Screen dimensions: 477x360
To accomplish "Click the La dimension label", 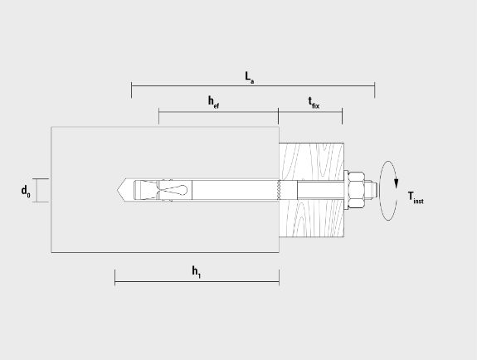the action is click(x=250, y=77).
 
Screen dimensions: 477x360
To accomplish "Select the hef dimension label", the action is click(x=213, y=102).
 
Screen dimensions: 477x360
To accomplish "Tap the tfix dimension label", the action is click(x=314, y=103).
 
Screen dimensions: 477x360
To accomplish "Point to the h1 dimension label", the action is click(x=197, y=272).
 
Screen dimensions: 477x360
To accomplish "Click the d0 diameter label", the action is click(x=26, y=192).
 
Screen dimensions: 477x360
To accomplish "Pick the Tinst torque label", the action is click(x=416, y=197).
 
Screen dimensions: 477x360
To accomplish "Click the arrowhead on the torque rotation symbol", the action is click(x=396, y=182).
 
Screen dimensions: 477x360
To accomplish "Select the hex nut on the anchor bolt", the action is click(x=356, y=190).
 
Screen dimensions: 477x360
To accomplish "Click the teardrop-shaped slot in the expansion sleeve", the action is click(x=174, y=190).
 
